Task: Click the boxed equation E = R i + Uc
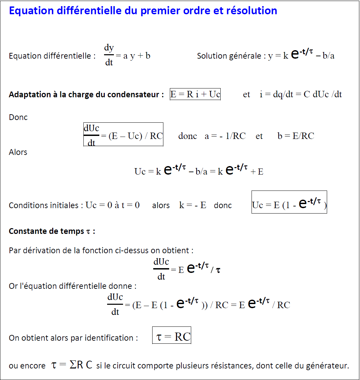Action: click(195, 94)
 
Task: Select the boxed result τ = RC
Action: click(172, 337)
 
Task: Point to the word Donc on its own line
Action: click(18, 118)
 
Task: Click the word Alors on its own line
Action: click(18, 152)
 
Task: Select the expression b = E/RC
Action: click(296, 136)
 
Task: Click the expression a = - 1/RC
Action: click(225, 136)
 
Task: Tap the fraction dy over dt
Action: click(109, 55)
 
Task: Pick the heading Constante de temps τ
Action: click(52, 232)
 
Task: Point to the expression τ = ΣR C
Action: click(72, 365)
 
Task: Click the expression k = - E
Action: click(193, 205)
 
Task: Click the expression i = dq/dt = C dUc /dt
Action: click(301, 95)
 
